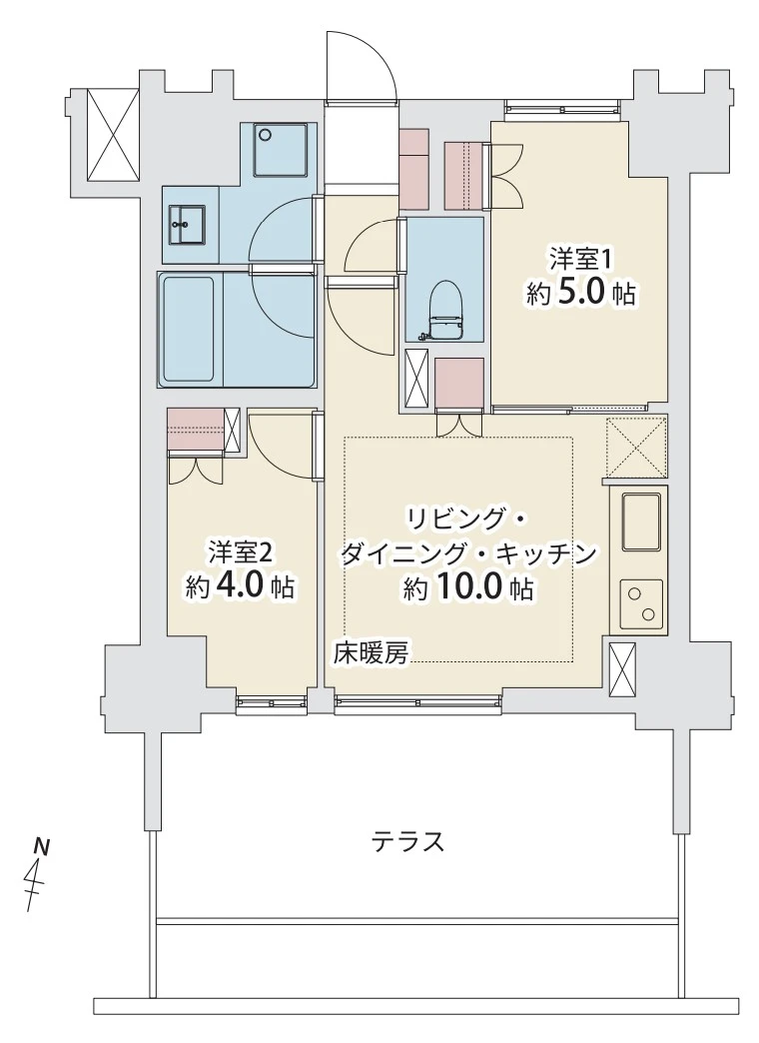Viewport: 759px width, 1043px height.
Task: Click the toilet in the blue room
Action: coord(445,312)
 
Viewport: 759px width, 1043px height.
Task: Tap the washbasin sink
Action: coord(187,225)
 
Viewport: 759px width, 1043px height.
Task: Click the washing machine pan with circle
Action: coord(281,150)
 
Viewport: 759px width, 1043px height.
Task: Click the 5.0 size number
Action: coord(581,294)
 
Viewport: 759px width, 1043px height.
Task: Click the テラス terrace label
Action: coord(407,842)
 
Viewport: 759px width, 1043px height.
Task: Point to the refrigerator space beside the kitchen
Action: coord(636,447)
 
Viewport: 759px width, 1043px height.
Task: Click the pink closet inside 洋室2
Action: coord(196,429)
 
